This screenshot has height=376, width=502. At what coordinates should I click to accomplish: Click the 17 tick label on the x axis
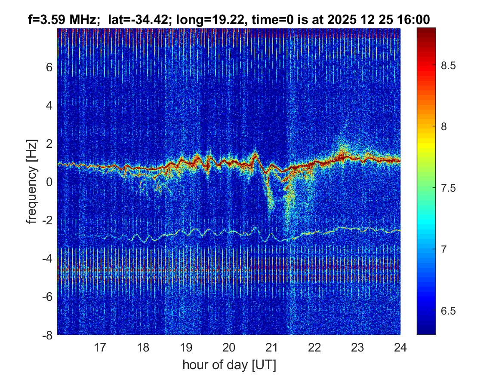pyautogui.click(x=100, y=347)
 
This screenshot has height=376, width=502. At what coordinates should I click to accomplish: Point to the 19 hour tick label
pyautogui.click(x=186, y=347)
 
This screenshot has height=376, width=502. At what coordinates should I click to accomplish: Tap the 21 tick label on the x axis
pyautogui.click(x=271, y=347)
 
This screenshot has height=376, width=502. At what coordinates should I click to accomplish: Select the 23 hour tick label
pyautogui.click(x=357, y=347)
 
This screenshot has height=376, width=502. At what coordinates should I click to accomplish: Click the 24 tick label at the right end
pyautogui.click(x=400, y=347)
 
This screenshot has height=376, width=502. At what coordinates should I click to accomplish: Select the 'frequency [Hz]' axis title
pyautogui.click(x=31, y=181)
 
